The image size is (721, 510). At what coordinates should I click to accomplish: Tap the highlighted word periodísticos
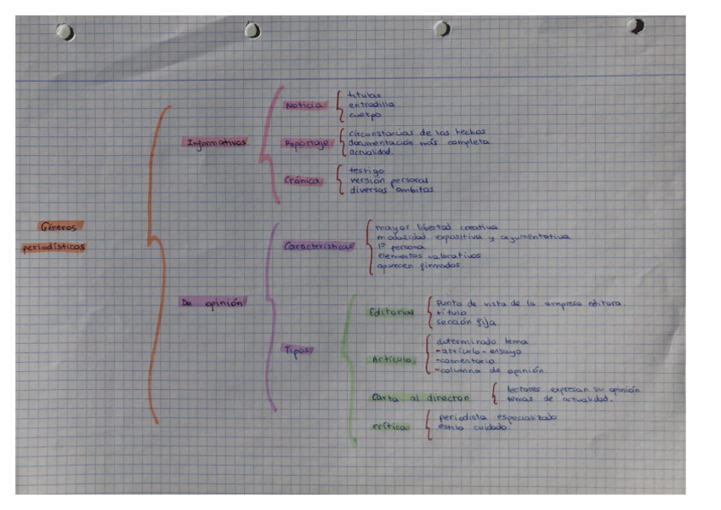click(55, 248)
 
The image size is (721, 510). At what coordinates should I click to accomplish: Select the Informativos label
click(218, 142)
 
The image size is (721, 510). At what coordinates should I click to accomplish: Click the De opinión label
click(212, 302)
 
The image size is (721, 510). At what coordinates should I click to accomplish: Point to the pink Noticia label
click(304, 105)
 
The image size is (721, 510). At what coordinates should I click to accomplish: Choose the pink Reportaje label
click(306, 144)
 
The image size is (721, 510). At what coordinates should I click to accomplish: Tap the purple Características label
click(319, 246)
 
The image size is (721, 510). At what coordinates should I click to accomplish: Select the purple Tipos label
click(297, 349)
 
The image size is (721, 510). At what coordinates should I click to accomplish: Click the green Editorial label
click(391, 312)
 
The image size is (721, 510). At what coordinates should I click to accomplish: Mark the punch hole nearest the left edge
click(64, 32)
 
